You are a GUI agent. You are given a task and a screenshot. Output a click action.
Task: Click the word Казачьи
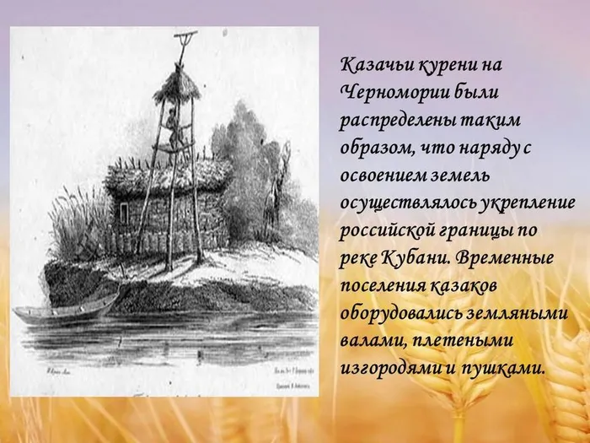[372, 66]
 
